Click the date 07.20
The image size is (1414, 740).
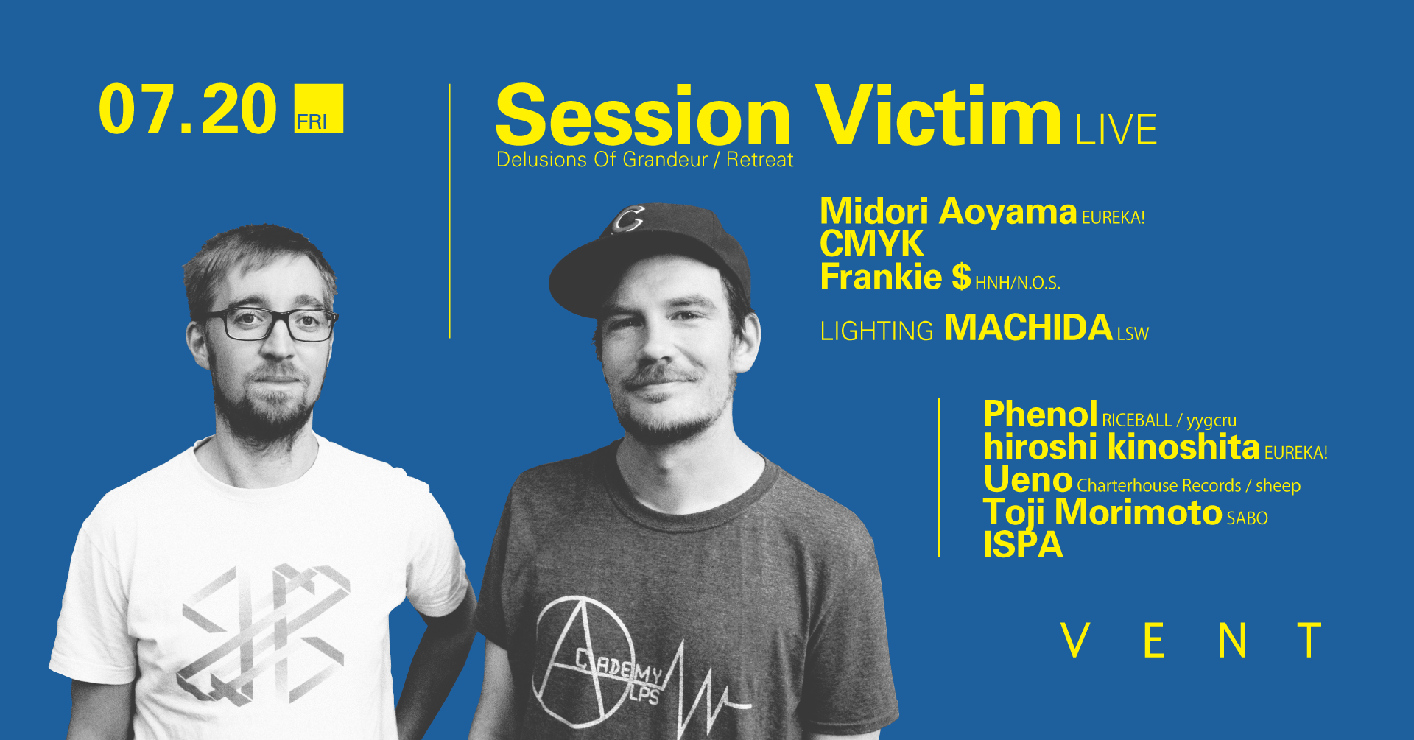pyautogui.click(x=187, y=110)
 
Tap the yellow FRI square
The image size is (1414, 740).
pyautogui.click(x=318, y=109)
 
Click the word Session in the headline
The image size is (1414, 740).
pyautogui.click(x=642, y=118)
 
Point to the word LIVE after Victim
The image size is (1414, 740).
pyautogui.click(x=1115, y=130)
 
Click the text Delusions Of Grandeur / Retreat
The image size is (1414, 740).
pyautogui.click(x=644, y=160)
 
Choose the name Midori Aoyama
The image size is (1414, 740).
pyautogui.click(x=948, y=212)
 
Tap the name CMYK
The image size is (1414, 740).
pyautogui.click(x=871, y=244)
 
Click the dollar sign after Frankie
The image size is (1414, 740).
pyautogui.click(x=960, y=278)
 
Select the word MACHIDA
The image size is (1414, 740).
pyautogui.click(x=1027, y=328)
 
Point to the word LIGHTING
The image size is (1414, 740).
pyautogui.click(x=876, y=331)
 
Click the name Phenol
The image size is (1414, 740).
pyautogui.click(x=1040, y=415)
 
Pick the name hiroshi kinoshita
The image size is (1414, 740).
pyautogui.click(x=1121, y=447)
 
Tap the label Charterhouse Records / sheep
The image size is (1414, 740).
pyautogui.click(x=1188, y=486)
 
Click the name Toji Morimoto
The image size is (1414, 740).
pyautogui.click(x=1102, y=512)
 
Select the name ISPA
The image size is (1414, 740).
pyautogui.click(x=1022, y=545)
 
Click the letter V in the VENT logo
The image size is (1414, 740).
pyautogui.click(x=1075, y=641)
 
